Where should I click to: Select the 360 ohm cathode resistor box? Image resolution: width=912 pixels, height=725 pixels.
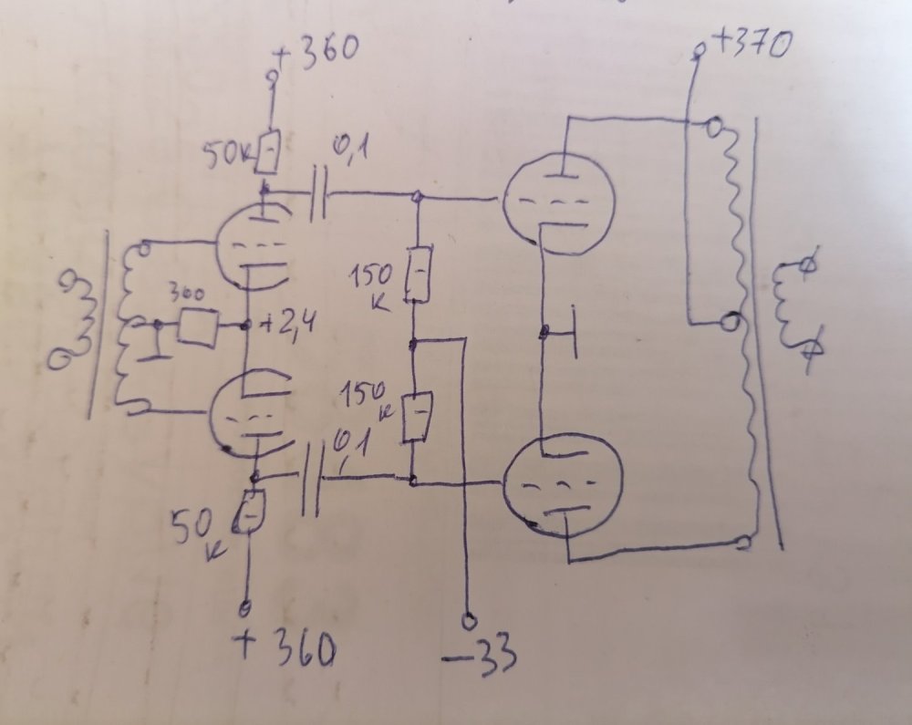(197, 327)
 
